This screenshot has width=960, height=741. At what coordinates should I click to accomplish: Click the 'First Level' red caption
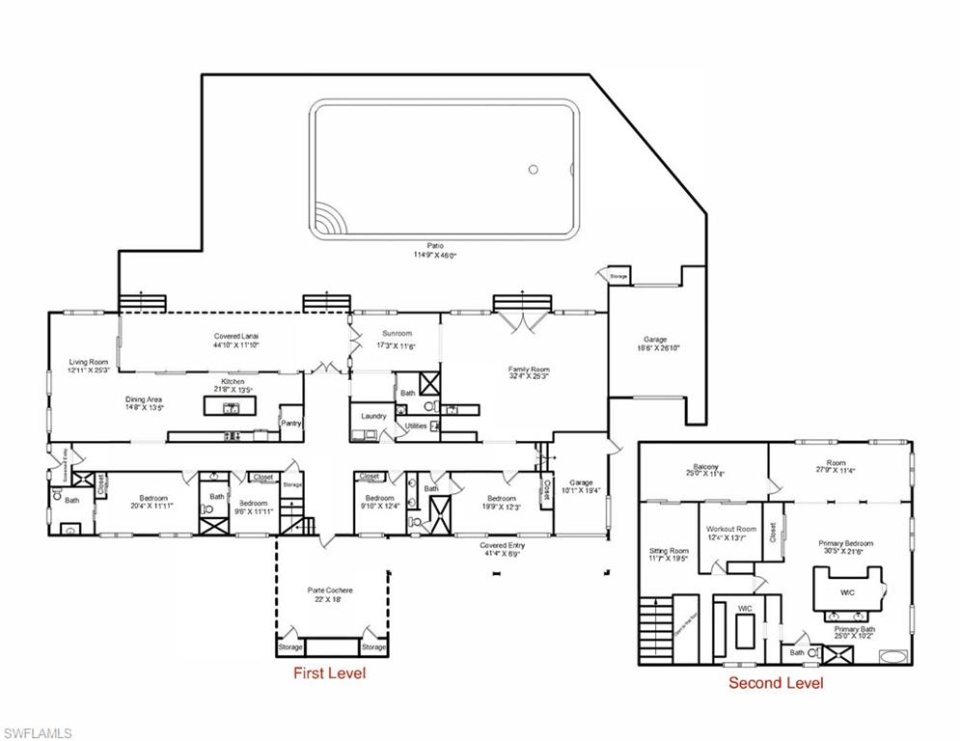(329, 673)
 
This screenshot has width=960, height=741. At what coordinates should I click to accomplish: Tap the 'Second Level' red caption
(776, 683)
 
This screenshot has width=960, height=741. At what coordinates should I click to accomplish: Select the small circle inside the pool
(533, 170)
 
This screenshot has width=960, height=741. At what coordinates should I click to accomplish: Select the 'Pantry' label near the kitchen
(290, 423)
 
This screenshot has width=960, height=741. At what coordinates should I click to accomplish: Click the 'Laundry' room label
(373, 416)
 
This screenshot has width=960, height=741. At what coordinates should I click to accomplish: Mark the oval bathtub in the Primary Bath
(892, 656)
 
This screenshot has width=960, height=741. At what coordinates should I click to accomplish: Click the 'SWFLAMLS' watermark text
(38, 733)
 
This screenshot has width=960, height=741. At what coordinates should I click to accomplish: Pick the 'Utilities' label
(416, 425)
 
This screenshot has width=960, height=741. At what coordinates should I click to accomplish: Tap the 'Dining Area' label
(144, 402)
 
